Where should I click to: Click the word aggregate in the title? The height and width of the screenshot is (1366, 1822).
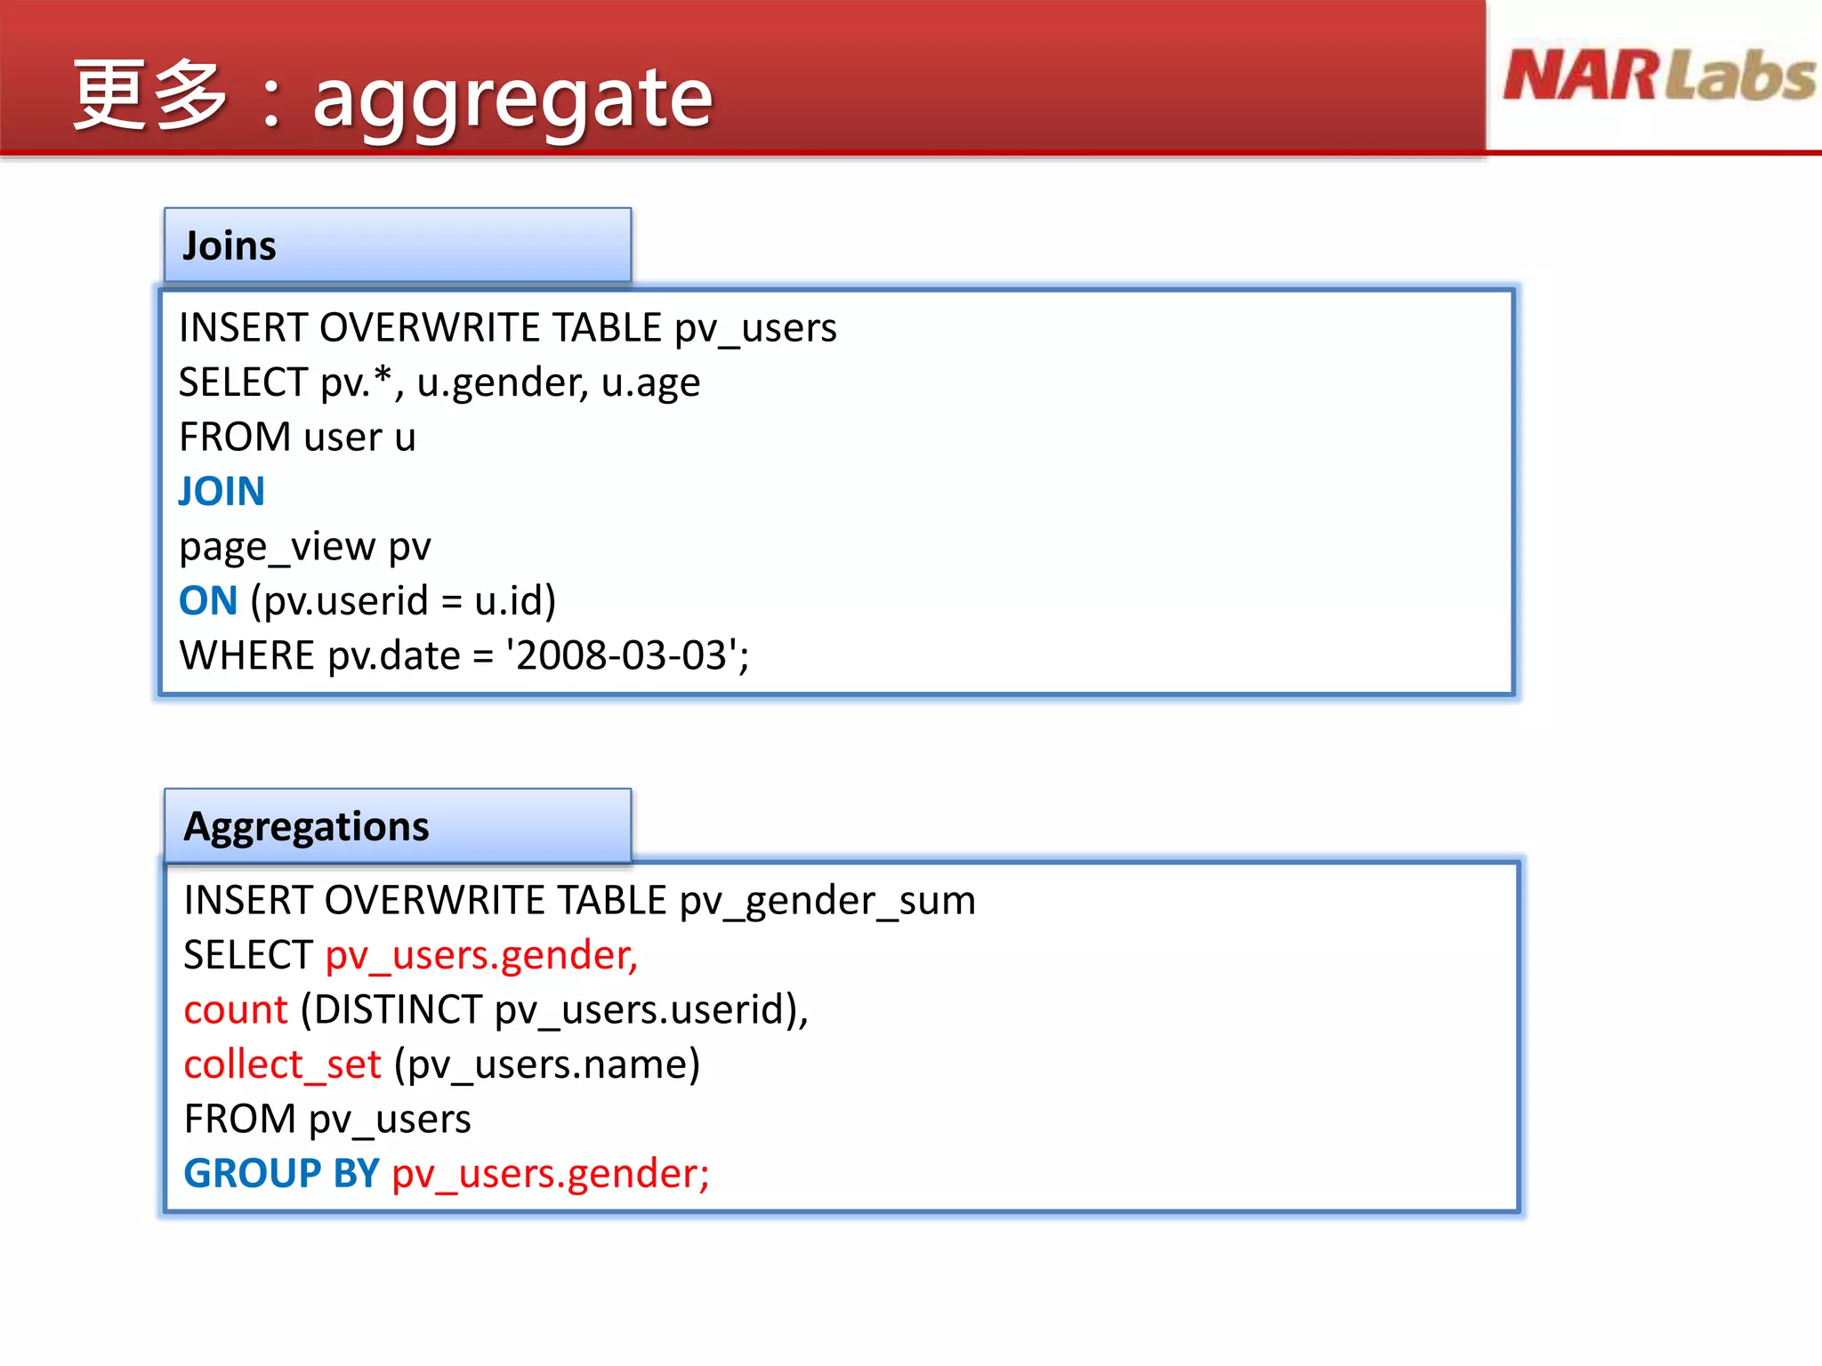pos(512,98)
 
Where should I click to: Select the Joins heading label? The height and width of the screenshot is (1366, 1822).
pos(230,246)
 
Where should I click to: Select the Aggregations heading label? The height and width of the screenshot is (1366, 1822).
pos(306,827)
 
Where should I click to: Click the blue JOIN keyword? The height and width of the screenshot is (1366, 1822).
pos(222,492)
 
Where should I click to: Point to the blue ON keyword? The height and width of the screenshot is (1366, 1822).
pos(208,601)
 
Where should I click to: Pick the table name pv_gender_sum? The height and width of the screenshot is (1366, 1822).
pos(827,901)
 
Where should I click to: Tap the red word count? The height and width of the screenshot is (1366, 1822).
pos(236,1010)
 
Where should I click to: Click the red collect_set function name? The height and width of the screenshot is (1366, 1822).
pos(282,1065)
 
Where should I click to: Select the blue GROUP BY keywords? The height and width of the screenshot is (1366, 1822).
pos(281,1174)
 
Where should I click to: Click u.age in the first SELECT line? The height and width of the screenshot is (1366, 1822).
pos(650,383)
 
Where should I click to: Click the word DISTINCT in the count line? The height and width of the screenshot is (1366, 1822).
pos(399,1010)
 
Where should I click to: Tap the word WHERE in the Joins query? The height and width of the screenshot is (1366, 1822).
pos(247,656)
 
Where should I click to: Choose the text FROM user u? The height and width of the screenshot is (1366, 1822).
pos(297,438)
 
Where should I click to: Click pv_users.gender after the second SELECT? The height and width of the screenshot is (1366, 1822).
pos(481,956)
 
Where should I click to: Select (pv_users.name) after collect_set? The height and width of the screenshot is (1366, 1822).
pos(547,1065)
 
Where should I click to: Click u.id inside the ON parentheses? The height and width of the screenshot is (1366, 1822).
pos(508,601)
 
